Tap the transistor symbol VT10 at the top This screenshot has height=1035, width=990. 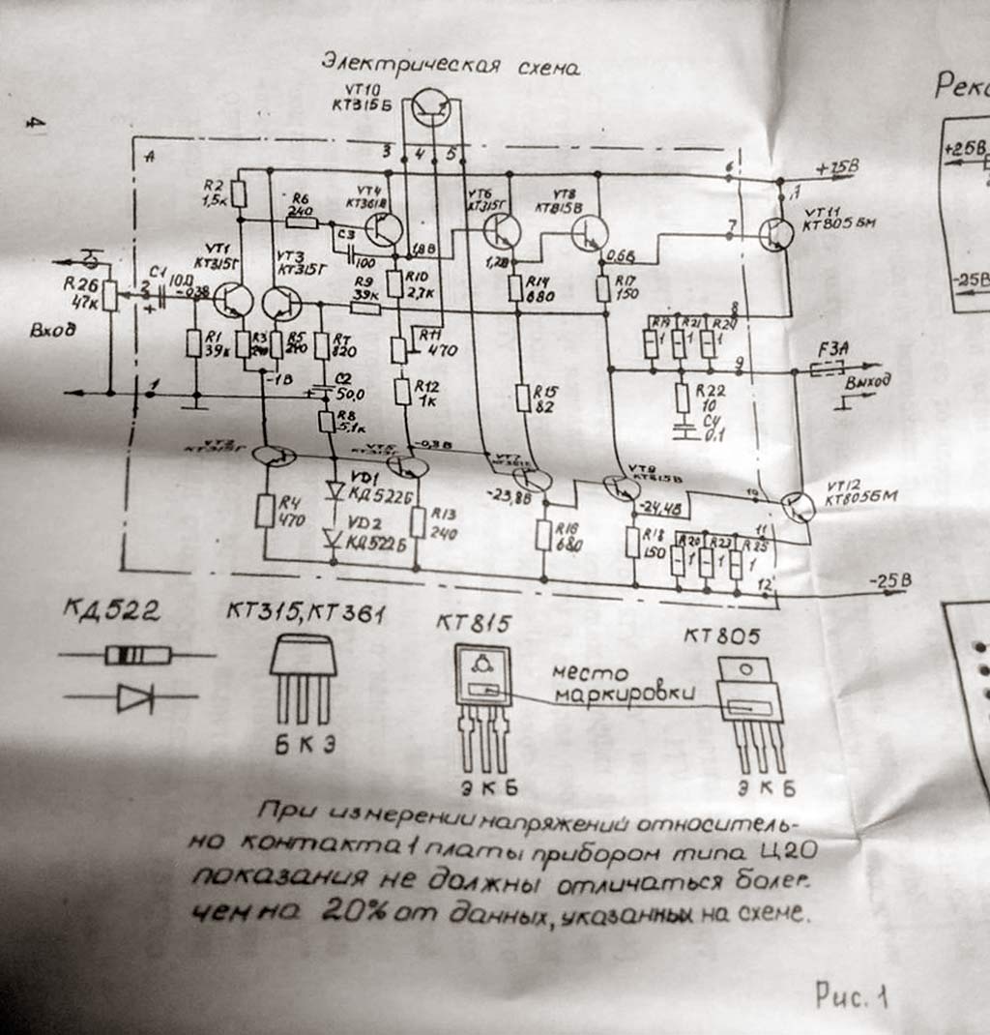(x=432, y=108)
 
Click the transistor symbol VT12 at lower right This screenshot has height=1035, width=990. (x=798, y=507)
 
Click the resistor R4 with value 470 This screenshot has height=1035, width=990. (x=265, y=510)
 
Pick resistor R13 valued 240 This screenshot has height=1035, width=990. (x=418, y=521)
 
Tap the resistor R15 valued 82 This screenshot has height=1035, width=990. (x=522, y=396)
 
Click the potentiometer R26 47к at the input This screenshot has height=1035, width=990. (x=109, y=294)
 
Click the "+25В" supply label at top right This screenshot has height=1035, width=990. (x=836, y=168)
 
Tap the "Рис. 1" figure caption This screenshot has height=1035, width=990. (x=852, y=996)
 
